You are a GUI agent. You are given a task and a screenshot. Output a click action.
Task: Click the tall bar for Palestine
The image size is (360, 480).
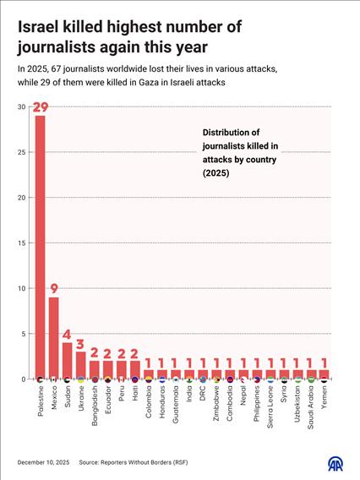coord(40,245)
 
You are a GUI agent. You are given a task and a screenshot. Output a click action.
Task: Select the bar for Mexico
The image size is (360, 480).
coord(53,338)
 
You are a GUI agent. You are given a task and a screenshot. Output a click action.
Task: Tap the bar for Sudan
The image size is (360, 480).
coord(67,361)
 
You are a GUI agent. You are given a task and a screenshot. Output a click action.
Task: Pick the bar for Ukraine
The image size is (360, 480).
coord(80,365)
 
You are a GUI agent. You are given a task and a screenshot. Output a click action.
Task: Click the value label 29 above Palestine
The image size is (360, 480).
coord(40,107)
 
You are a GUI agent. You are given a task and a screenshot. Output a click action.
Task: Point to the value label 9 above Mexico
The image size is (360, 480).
coord(53,289)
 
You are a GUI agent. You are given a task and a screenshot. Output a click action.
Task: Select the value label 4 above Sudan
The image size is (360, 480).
coord(67,335)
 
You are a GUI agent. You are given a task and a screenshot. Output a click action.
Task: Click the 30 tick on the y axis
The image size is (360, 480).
coord(20,107)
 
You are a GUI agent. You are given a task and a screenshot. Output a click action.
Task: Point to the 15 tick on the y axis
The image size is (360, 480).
coord(20,243)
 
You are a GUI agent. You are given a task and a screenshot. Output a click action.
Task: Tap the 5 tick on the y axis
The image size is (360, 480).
coord(23,334)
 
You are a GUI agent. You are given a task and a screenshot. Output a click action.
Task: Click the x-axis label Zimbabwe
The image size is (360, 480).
coord(215,403)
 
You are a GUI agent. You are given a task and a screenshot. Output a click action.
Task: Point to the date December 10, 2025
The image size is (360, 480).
coord(43,464)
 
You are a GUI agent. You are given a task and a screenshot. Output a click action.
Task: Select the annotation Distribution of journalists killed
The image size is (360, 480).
coord(244,152)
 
